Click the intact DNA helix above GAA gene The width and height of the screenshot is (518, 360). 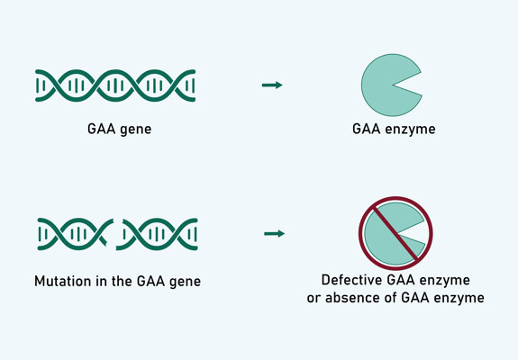tap(116, 85)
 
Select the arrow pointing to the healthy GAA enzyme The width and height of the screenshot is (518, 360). tap(272, 85)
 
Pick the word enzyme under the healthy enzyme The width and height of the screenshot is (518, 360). tap(413, 130)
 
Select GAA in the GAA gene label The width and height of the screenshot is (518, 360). tap(98, 130)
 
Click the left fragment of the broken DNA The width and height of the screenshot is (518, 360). tap(72, 234)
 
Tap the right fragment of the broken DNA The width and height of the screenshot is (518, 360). tap(157, 234)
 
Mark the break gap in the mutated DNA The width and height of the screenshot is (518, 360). tap(114, 236)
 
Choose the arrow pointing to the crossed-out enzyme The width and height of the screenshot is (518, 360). tap(274, 234)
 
